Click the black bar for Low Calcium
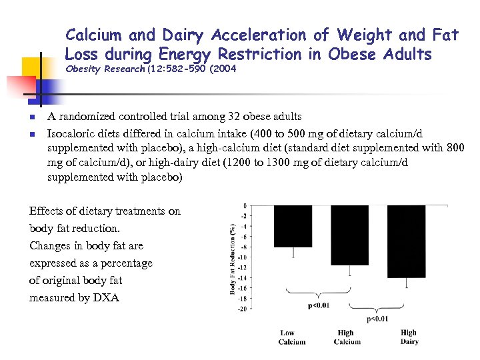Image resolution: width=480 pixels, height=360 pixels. coord(293,226)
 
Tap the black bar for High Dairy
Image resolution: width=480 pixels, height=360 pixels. coord(406,241)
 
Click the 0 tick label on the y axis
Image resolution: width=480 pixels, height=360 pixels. coord(245,205)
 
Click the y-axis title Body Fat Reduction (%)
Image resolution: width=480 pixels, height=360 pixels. coord(233,257)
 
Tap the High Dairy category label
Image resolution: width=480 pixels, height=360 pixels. coord(409,337)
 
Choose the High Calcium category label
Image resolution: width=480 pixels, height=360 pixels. coord(347,337)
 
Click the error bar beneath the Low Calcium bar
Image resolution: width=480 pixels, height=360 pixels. coord(293,253)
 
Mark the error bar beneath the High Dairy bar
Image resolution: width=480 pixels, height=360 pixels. coord(407,283)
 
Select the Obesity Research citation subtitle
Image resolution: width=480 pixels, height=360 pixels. coord(151,69)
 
